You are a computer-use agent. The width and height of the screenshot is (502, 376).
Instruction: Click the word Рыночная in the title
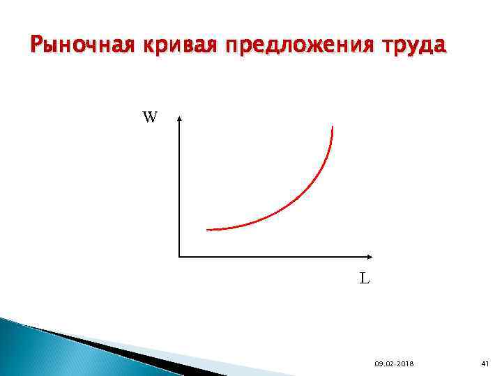[83, 46]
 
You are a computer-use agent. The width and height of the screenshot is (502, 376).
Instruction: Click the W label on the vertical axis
[150, 117]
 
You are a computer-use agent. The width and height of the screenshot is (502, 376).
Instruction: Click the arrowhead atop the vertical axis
[179, 119]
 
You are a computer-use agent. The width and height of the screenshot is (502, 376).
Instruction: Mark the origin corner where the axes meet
[179, 256]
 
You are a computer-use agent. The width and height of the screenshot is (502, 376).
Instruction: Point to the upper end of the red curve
[333, 127]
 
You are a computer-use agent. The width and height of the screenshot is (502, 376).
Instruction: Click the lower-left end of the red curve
[208, 229]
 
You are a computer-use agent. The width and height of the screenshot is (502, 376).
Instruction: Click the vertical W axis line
[179, 188]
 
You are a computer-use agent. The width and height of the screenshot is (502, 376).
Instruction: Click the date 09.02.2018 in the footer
[394, 364]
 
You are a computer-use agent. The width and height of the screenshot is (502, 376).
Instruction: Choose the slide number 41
[485, 364]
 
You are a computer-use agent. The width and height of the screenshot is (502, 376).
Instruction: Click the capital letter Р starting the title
[37, 46]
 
